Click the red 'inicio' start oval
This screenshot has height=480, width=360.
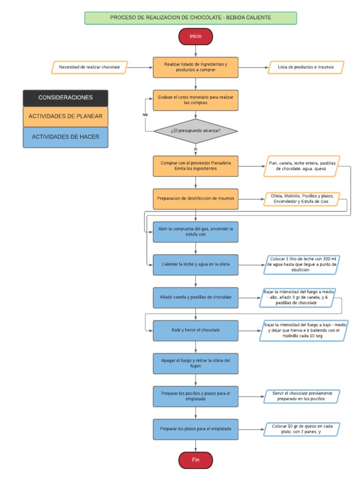click(195, 36)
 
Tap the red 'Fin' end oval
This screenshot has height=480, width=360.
click(195, 460)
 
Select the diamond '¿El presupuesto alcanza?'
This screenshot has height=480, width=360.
click(195, 131)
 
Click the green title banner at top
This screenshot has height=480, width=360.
click(190, 18)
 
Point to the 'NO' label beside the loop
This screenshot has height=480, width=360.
click(145, 114)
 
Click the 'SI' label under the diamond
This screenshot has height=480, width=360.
click(195, 149)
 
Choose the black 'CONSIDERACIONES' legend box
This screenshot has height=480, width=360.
click(65, 98)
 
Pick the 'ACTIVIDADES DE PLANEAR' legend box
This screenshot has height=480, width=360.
click(65, 116)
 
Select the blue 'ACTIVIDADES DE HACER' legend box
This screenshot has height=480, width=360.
click(65, 137)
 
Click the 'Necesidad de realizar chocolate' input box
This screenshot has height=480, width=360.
click(89, 67)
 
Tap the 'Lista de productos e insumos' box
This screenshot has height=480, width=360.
click(306, 67)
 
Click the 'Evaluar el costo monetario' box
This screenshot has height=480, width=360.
click(195, 100)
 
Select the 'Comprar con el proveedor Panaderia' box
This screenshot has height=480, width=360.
click(195, 166)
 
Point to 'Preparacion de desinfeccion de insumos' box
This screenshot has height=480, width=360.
click(195, 199)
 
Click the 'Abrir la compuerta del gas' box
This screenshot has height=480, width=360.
click(195, 232)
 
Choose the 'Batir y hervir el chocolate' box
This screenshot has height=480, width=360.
click(195, 330)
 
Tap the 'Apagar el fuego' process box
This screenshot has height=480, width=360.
click(195, 363)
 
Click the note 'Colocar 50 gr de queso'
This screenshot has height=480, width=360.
click(302, 429)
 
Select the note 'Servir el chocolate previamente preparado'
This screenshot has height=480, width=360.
click(302, 396)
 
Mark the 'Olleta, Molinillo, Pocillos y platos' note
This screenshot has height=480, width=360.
click(302, 199)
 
